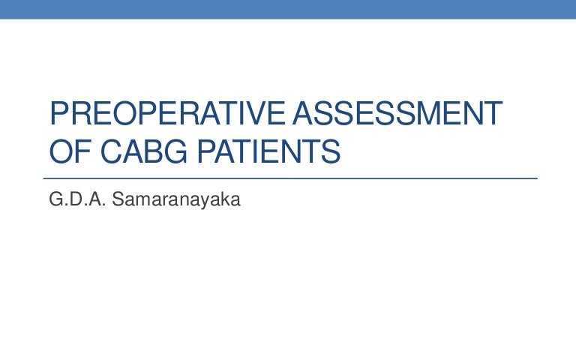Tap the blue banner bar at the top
point(288,8)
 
